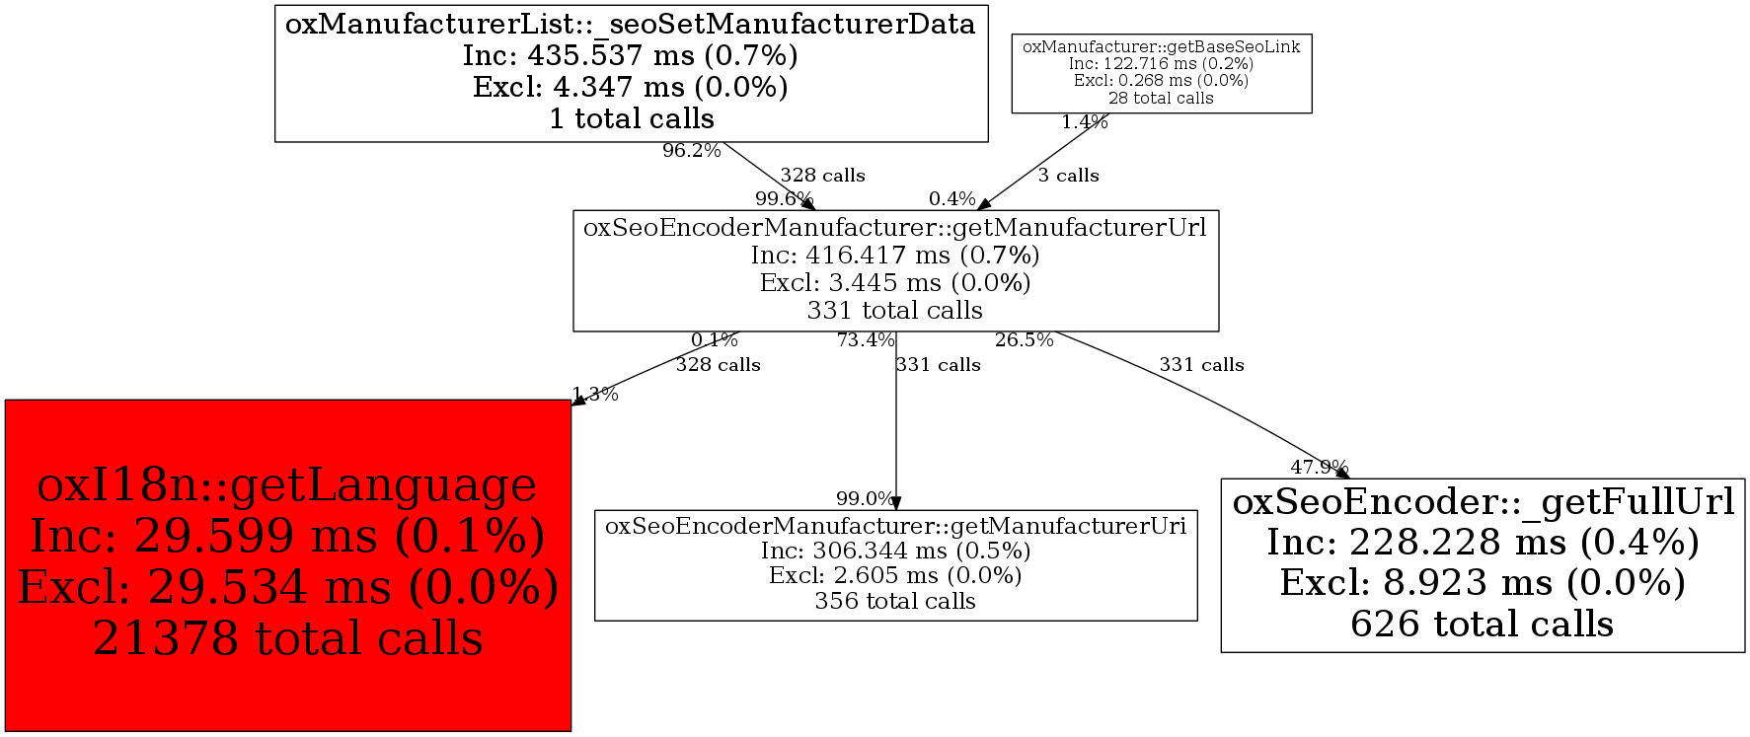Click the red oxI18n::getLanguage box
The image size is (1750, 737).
(x=287, y=565)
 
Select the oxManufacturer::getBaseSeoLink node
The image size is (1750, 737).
(x=1161, y=73)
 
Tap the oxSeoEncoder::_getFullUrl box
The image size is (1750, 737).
(x=1483, y=565)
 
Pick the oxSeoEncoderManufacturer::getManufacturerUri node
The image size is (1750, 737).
(x=895, y=565)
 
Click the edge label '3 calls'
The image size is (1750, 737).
(x=1068, y=176)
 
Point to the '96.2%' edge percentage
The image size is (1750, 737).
(x=691, y=151)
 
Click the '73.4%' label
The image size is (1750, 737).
(x=866, y=340)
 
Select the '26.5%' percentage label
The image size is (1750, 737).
(x=1024, y=340)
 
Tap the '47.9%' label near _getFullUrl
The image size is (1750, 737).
(x=1319, y=467)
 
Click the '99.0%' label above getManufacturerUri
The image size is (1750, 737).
(x=865, y=499)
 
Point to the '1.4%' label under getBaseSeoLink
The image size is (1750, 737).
(x=1084, y=122)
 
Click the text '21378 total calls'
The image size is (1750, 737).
(x=288, y=639)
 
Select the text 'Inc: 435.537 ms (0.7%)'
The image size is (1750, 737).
(x=631, y=55)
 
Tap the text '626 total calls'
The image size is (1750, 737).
(x=1482, y=625)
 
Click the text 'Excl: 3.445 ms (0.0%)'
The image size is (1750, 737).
(x=895, y=283)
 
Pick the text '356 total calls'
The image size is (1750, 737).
(x=895, y=601)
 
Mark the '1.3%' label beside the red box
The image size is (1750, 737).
(x=595, y=395)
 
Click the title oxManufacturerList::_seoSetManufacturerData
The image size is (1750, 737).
(x=631, y=24)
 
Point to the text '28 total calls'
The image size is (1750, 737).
(x=1161, y=98)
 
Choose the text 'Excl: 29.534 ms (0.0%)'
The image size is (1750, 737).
(x=288, y=588)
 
